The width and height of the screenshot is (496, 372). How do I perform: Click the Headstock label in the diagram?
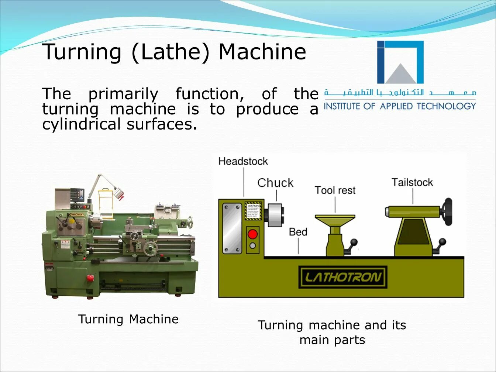click(x=243, y=161)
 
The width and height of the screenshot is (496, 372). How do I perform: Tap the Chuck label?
click(x=275, y=183)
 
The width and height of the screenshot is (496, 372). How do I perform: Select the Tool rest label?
click(x=335, y=190)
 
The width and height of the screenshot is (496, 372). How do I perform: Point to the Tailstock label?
click(x=412, y=182)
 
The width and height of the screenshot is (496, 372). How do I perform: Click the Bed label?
click(x=298, y=232)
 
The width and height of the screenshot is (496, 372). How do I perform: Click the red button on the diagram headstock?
click(x=253, y=234)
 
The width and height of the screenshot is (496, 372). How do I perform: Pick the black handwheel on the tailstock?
click(x=448, y=211)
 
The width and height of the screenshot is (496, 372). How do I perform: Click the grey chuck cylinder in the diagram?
click(x=275, y=215)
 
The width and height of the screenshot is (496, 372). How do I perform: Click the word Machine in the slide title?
click(x=262, y=52)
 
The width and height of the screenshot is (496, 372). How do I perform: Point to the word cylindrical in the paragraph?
click(x=81, y=124)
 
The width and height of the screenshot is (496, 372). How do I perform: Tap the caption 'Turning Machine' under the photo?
click(x=128, y=319)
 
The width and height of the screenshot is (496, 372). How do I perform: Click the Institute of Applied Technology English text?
click(x=400, y=106)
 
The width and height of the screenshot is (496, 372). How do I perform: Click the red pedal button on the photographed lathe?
click(x=90, y=278)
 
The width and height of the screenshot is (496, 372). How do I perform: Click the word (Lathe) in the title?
click(x=170, y=52)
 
